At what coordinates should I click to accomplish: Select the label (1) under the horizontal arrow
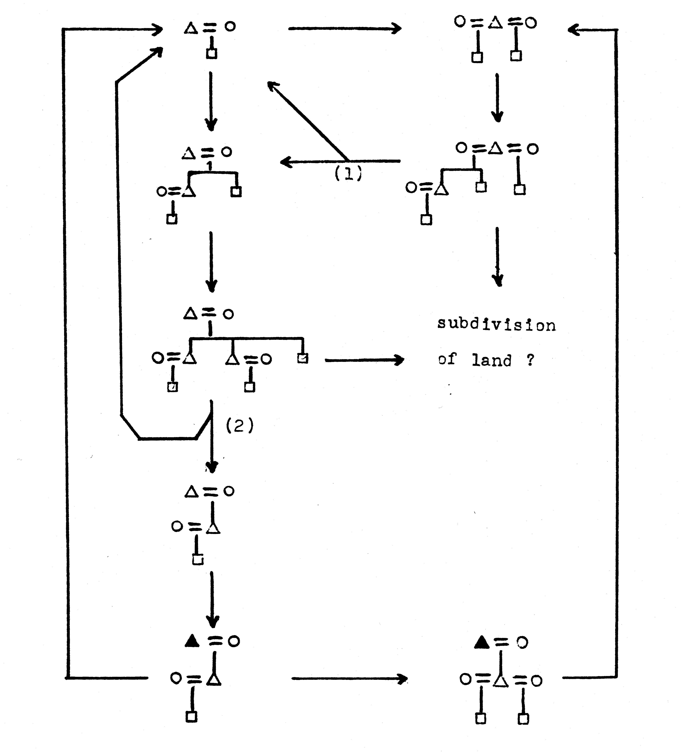click(348, 173)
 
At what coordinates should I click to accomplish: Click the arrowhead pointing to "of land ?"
click(400, 360)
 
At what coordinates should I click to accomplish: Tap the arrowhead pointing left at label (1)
click(284, 162)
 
